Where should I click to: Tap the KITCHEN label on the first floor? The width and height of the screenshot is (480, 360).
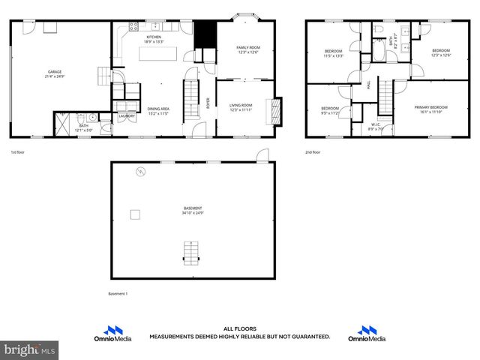coord(154,36)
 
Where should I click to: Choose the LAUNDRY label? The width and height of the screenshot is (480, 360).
coord(127,116)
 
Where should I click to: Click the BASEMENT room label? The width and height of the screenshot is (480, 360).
coord(193,208)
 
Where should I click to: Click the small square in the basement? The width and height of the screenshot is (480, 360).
coord(135,215)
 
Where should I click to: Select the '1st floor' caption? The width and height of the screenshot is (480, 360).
coord(19,151)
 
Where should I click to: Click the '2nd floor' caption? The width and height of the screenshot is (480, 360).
coord(313,151)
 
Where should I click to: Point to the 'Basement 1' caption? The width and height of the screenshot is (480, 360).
coord(118,293)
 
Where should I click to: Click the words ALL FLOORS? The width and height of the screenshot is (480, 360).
coord(239,328)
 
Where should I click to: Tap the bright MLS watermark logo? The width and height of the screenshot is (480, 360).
coord(29,349)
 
